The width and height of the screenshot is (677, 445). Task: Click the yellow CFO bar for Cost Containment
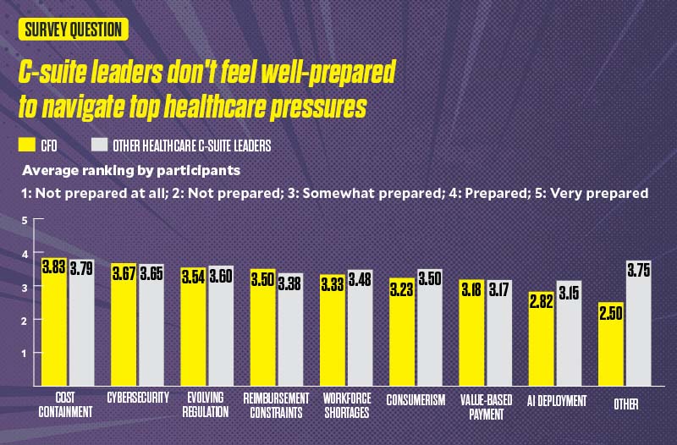[54, 330]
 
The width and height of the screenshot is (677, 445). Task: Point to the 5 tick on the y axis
[25, 221]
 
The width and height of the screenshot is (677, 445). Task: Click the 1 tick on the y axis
[25, 354]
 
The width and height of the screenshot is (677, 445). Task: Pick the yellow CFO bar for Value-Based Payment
[472, 338]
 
